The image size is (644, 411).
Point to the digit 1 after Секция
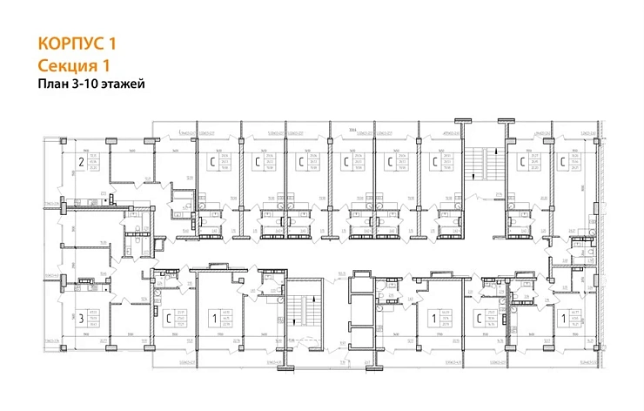coord(110,65)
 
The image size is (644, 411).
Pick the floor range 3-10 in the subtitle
coord(90,84)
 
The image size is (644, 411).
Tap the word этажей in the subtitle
coord(124,84)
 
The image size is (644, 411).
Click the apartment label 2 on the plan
coord(81,162)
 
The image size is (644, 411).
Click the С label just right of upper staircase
coord(521,162)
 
